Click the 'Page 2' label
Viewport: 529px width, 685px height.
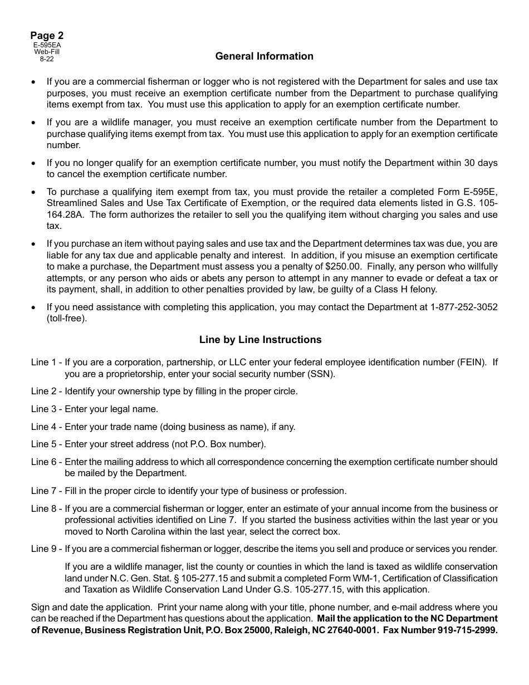tap(47, 36)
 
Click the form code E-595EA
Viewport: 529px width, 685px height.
tap(47, 45)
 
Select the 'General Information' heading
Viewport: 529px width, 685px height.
tap(264, 56)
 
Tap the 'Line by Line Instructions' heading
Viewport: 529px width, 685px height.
tap(260, 340)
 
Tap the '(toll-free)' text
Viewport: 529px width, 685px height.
tap(67, 319)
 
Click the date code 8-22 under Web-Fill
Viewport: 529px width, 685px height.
tap(47, 58)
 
